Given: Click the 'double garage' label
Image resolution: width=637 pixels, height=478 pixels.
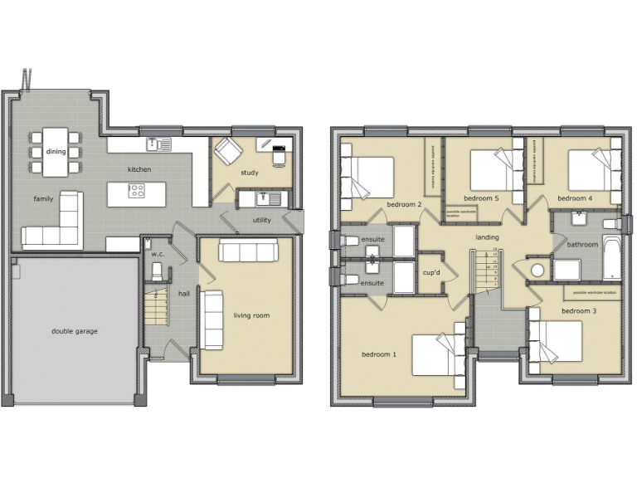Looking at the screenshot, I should click(x=74, y=331).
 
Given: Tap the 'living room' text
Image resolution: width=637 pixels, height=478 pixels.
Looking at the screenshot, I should click(x=251, y=315).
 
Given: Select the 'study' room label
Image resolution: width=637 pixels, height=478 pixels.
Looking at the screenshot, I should click(x=250, y=173).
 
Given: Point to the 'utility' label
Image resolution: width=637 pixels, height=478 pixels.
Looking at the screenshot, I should click(x=262, y=221).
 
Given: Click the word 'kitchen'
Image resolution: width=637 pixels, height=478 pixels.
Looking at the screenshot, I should click(x=139, y=169).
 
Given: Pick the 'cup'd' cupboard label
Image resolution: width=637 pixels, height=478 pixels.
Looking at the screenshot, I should click(x=430, y=272).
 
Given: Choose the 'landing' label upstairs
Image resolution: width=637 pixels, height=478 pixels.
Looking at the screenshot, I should click(x=487, y=237).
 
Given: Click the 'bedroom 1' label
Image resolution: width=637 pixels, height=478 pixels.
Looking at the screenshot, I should click(x=378, y=354).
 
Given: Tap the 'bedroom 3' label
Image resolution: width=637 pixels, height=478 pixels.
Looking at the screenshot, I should click(x=579, y=311).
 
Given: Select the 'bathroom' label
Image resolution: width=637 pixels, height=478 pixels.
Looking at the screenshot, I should click(x=581, y=245).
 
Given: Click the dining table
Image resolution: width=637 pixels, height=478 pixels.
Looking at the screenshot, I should click(x=56, y=151).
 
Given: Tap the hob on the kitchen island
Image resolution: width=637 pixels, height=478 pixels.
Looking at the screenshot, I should click(x=137, y=192).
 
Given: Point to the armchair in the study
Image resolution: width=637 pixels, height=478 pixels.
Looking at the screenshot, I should click(x=228, y=152).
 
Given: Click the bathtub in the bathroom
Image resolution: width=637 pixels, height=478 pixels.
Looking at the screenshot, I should click(x=612, y=257).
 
